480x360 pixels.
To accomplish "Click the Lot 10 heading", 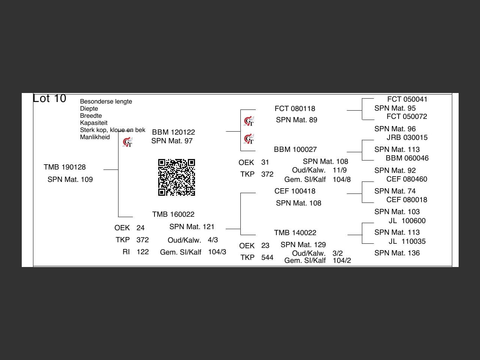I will click(49, 98).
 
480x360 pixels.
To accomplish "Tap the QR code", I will click(177, 177).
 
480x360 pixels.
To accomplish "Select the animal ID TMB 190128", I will click(64, 167).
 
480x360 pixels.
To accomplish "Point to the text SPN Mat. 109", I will click(70, 180).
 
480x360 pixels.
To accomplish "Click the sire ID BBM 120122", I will click(173, 132).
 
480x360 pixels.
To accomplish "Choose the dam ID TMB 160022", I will click(173, 214).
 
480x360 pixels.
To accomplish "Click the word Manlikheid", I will click(95, 137).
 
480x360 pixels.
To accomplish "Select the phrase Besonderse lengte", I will click(106, 102).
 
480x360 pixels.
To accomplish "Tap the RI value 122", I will click(142, 252).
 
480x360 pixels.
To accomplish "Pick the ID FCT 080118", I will click(295, 109).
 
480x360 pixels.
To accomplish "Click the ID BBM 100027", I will click(295, 150).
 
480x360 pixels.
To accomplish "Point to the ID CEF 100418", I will click(295, 191).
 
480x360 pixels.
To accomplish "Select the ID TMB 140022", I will click(295, 233).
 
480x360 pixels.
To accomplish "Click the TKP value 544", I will click(267, 258).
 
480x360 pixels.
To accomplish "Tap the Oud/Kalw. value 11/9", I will click(339, 170).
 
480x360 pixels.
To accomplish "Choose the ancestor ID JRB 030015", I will click(407, 138).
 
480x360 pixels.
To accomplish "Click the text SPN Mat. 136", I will click(397, 253).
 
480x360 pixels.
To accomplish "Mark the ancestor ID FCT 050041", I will click(407, 99).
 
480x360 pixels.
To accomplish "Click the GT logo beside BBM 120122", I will click(127, 142).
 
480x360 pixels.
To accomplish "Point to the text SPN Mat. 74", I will click(395, 191).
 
